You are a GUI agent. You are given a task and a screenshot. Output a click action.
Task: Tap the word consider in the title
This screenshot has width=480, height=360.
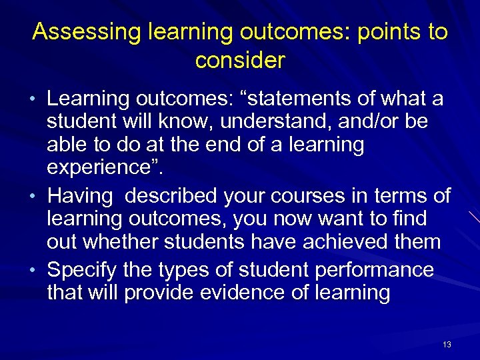coord(240,61)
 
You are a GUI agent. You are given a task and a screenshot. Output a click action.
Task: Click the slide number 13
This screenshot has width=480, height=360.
coord(447,345)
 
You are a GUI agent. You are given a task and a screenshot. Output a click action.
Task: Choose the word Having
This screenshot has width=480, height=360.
coord(81,197)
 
